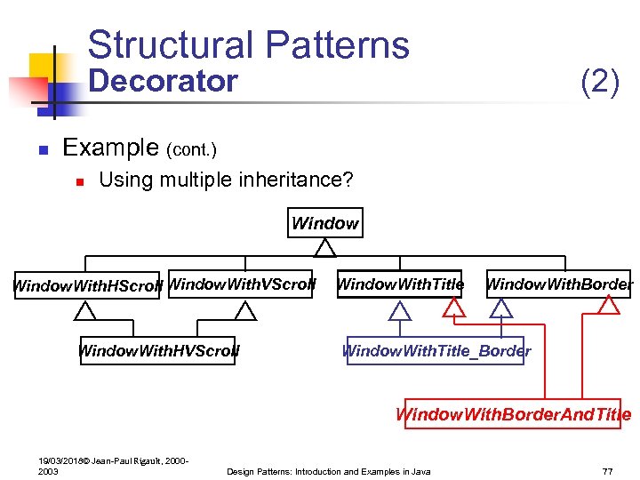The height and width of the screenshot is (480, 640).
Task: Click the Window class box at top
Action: click(x=325, y=223)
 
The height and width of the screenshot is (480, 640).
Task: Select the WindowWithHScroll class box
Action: click(x=87, y=285)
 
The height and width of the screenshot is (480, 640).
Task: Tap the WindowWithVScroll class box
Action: click(x=241, y=284)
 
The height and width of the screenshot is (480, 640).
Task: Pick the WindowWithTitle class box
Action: click(x=400, y=284)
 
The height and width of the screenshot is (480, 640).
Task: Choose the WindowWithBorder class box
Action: click(x=559, y=284)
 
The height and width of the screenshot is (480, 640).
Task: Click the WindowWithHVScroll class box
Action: click(x=158, y=350)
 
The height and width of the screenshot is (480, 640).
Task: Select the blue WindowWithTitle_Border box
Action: click(x=436, y=350)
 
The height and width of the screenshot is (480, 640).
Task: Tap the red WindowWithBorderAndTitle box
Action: click(x=513, y=414)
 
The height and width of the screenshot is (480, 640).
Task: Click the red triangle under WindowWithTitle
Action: click(x=455, y=308)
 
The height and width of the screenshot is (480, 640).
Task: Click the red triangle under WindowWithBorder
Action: click(x=609, y=305)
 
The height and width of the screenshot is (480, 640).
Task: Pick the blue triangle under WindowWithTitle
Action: click(x=401, y=310)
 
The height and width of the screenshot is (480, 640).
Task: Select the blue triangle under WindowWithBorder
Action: click(x=502, y=308)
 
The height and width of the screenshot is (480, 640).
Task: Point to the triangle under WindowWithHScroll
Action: click(x=85, y=310)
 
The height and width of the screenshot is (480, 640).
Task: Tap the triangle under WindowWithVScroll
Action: click(x=245, y=310)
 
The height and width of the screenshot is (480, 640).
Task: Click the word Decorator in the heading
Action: click(x=164, y=81)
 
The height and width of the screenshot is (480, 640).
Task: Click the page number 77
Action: click(x=608, y=471)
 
